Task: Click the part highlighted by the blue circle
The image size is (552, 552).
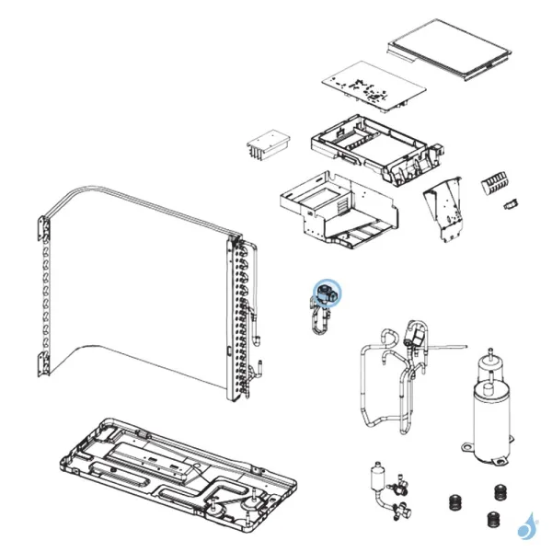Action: click(326, 294)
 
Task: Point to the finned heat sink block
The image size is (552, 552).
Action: click(269, 144)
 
